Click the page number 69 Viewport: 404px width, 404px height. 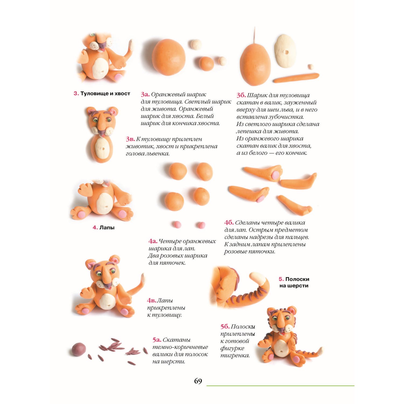click(x=198, y=381)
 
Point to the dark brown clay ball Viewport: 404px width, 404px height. click(x=79, y=349)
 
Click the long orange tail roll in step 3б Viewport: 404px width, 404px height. click(x=296, y=78)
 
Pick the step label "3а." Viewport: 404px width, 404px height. click(x=145, y=95)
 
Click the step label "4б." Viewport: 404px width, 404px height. click(x=229, y=223)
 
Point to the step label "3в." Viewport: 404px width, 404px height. click(x=130, y=139)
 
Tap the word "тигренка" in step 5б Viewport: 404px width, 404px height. click(x=235, y=356)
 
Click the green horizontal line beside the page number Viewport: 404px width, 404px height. click(x=280, y=386)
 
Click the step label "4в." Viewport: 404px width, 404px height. click(x=152, y=301)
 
